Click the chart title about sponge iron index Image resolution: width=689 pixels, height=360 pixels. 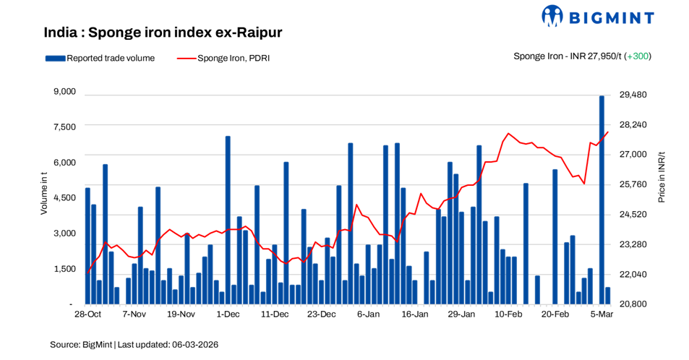point(162,33)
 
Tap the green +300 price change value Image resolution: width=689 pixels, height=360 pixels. point(638,56)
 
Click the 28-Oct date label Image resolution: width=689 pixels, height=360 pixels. point(87,315)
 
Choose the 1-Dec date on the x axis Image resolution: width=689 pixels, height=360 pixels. point(228,315)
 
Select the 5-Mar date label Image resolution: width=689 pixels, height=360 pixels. point(602,315)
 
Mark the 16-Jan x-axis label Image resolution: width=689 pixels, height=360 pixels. point(415,315)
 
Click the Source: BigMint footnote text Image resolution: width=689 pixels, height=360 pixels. point(80,345)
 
